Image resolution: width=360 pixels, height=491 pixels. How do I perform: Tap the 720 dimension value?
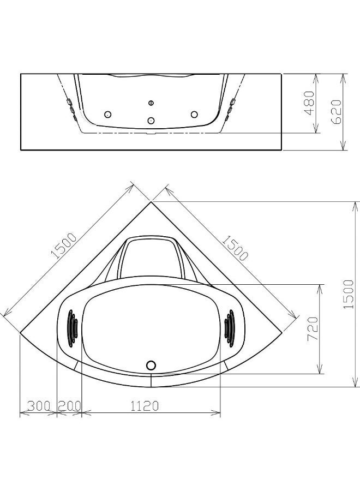pos(313,329)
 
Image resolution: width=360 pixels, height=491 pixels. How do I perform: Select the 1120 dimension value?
pos(145,406)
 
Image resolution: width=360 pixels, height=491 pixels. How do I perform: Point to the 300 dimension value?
pos(39,406)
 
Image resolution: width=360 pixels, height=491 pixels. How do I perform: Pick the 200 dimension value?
pos(69,406)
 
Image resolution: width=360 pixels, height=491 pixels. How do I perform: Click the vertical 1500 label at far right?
pos(349,295)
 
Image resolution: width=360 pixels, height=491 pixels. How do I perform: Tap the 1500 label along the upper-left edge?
pos(64,245)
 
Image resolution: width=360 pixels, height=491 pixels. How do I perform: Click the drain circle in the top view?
pos(151,365)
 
